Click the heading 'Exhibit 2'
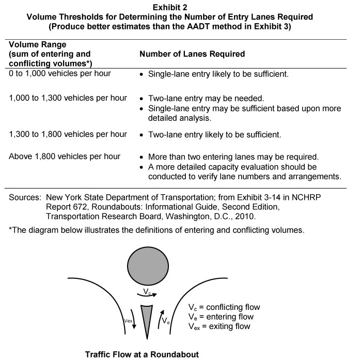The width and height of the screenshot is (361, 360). tap(180, 7)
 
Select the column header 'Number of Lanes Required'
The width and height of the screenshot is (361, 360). tap(192, 54)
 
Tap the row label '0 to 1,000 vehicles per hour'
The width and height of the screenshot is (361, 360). tap(59, 73)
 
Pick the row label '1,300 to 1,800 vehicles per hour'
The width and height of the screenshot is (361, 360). tap(67, 134)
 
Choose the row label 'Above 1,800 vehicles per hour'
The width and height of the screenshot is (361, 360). tap(64, 156)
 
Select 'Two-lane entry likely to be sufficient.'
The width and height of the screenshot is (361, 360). tap(214, 135)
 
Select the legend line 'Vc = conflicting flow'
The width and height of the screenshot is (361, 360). tap(225, 307)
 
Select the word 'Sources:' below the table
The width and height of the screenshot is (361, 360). tap(25, 197)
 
